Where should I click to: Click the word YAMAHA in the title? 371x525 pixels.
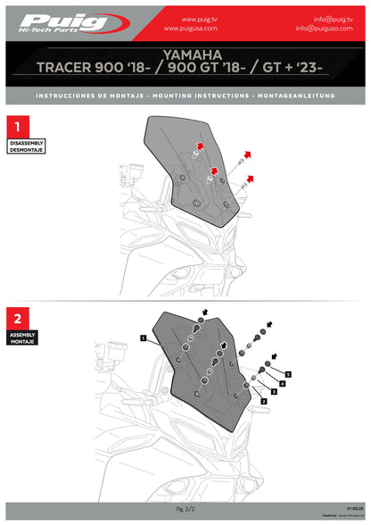tap(185, 54)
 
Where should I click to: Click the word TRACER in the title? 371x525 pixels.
tap(77, 67)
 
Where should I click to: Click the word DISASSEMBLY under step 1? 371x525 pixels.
tap(25, 143)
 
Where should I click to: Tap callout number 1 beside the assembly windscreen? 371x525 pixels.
tap(143, 338)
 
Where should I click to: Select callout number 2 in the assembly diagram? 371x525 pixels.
tap(263, 402)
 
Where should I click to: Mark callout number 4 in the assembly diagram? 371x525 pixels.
tap(282, 383)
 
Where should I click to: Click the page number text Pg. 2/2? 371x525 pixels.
tap(185, 506)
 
